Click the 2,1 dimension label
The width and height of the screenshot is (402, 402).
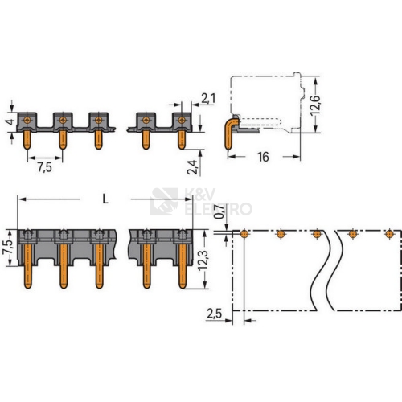(x=208, y=99)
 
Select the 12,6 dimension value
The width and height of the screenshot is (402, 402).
(x=315, y=105)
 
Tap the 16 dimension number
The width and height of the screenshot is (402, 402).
(x=263, y=157)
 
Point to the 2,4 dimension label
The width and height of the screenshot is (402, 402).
(x=192, y=167)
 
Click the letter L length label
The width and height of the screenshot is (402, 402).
(x=105, y=199)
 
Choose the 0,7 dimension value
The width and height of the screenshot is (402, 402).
(x=219, y=211)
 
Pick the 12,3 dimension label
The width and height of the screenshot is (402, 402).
(x=203, y=260)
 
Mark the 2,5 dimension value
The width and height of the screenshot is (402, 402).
(x=215, y=314)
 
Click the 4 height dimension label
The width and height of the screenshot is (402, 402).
(x=10, y=122)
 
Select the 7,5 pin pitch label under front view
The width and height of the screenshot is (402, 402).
(x=44, y=167)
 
